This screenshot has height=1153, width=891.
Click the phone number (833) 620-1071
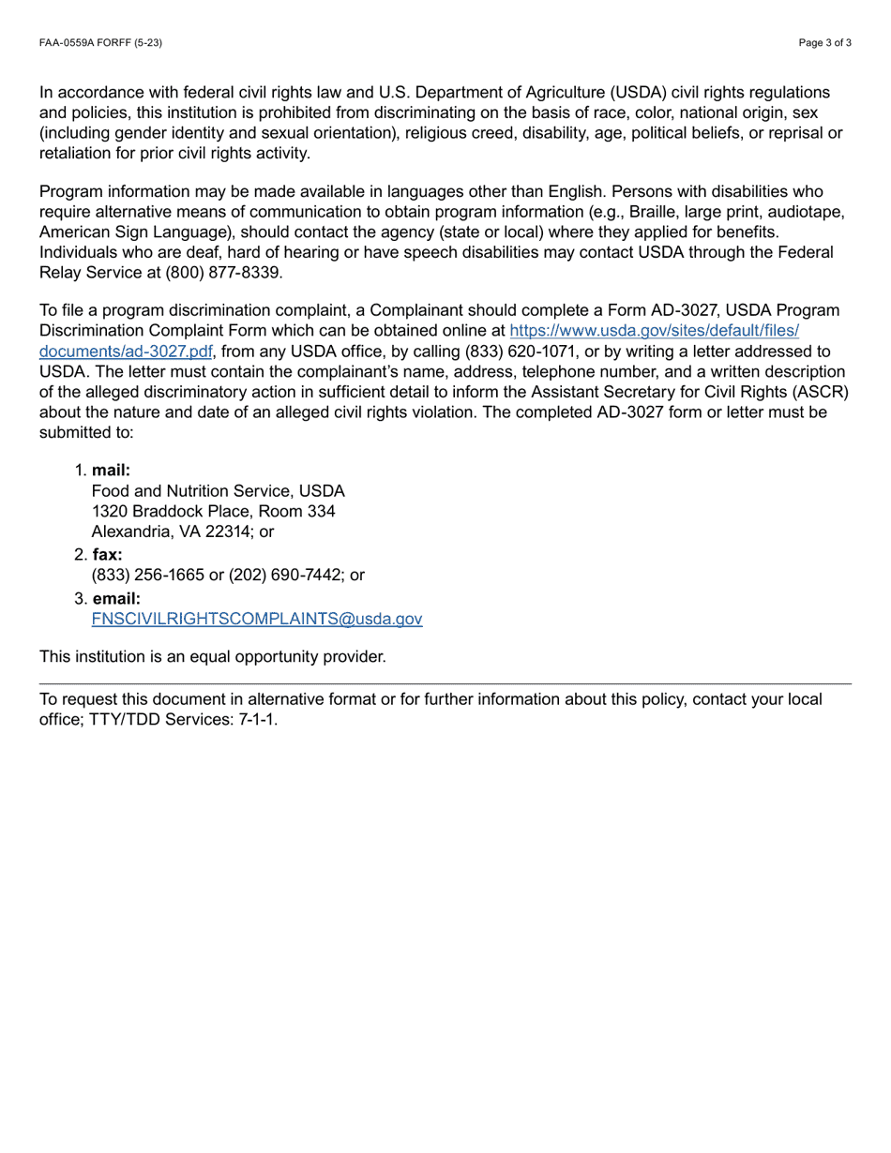click(504, 352)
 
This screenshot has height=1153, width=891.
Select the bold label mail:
click(111, 471)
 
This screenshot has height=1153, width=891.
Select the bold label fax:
click(107, 555)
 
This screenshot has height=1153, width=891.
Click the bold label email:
click(116, 598)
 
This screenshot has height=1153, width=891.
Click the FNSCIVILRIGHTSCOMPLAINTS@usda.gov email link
click(257, 619)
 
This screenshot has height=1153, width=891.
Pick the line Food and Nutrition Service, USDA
click(218, 490)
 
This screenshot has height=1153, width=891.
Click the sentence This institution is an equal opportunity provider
click(212, 656)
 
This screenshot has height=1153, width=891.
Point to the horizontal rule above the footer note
click(445, 684)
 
